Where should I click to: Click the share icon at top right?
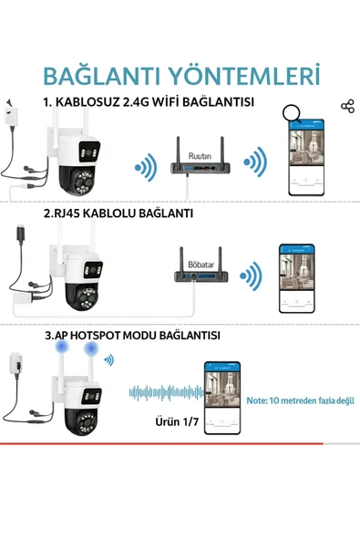click(346, 107)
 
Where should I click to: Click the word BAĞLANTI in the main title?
click(99, 73)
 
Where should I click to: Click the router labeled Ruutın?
click(199, 160)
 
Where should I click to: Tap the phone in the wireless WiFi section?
click(305, 158)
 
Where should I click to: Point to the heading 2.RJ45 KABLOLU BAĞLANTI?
click(118, 213)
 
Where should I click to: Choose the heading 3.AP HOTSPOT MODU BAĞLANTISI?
click(132, 336)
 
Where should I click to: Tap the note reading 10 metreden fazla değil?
click(300, 400)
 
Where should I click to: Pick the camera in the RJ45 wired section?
click(73, 277)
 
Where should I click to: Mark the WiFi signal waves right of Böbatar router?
click(249, 274)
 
